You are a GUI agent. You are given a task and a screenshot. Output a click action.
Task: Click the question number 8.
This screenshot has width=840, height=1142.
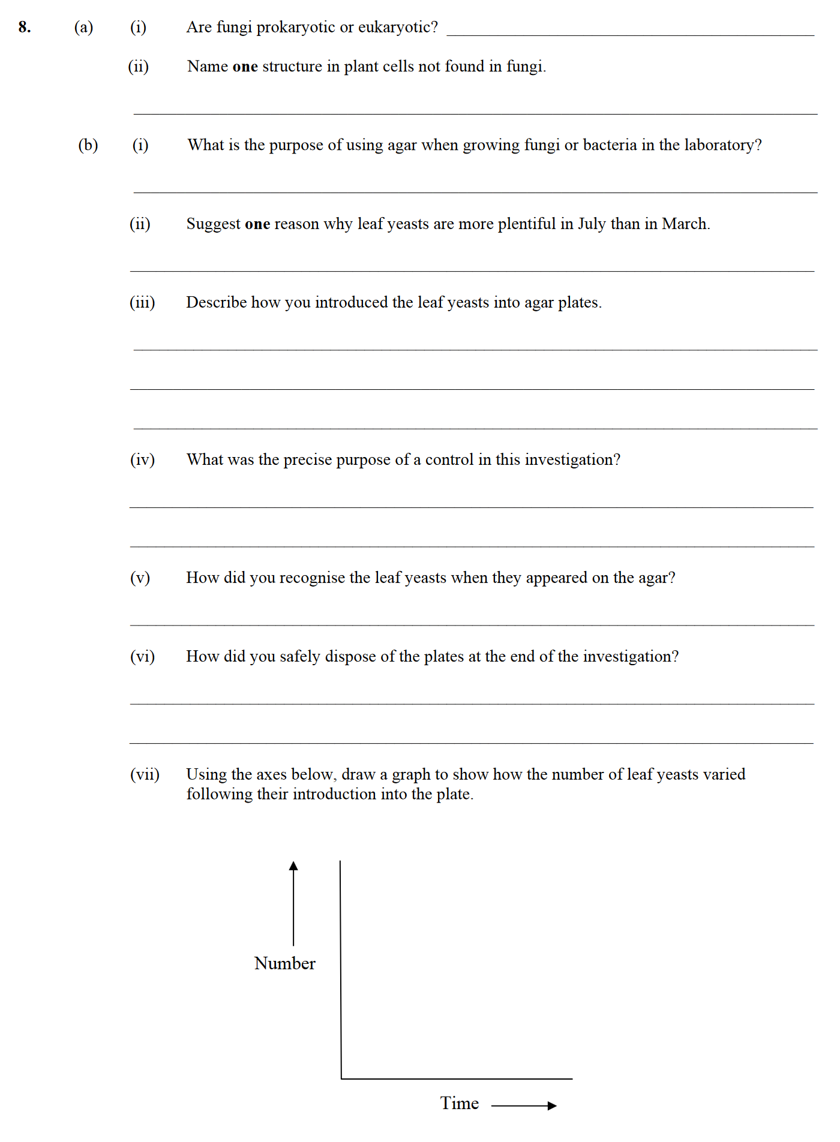click(24, 27)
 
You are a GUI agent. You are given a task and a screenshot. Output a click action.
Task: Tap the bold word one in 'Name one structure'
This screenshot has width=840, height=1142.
click(245, 67)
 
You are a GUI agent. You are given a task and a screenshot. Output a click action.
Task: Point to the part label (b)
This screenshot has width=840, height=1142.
click(88, 145)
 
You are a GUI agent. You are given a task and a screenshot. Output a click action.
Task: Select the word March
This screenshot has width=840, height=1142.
click(685, 224)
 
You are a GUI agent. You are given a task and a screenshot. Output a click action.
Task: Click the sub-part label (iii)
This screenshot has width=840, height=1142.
click(142, 302)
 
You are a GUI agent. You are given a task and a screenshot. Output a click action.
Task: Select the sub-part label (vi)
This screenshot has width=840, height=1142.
click(142, 656)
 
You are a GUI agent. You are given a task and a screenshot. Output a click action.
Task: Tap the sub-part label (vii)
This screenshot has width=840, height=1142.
click(145, 774)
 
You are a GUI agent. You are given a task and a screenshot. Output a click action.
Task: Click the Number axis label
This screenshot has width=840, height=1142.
click(284, 963)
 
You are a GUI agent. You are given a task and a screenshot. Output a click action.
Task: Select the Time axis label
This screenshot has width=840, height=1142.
click(459, 1103)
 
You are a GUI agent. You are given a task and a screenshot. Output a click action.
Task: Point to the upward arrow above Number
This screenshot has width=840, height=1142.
click(293, 903)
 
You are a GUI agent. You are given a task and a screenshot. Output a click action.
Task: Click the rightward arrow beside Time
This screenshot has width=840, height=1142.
click(524, 1105)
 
